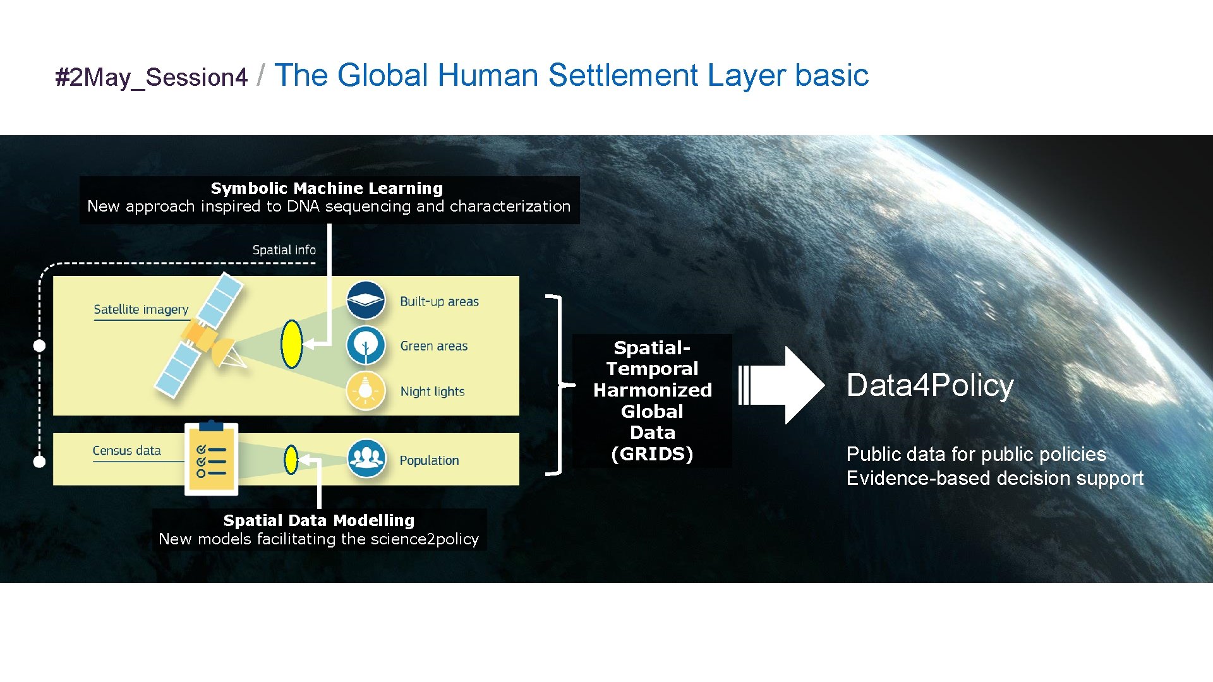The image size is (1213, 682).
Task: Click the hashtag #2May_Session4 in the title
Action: pos(151,78)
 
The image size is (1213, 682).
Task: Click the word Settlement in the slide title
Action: pos(622,75)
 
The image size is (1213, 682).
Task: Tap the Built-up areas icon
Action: pos(366,301)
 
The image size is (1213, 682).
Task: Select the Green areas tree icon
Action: pos(366,345)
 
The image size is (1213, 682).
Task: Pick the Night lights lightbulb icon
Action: pos(366,391)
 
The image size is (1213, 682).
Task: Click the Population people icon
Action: pos(366,458)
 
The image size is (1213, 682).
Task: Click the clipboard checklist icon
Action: pos(211,459)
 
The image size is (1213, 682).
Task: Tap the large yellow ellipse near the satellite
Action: pos(291,344)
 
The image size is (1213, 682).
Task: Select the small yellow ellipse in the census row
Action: pos(291,460)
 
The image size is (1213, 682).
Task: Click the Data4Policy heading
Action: pos(929,385)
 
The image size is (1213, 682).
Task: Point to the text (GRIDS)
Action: pos(652,454)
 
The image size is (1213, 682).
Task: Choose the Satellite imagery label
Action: pos(141,309)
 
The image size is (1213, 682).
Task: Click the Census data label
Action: pos(126,451)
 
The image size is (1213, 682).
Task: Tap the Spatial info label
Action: pos(284,250)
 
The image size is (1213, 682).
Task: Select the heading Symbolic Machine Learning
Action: pos(327,188)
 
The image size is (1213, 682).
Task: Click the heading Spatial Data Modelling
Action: pos(318,520)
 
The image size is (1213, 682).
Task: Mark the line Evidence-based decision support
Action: pos(994,479)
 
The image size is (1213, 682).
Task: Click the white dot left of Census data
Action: pos(39,462)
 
